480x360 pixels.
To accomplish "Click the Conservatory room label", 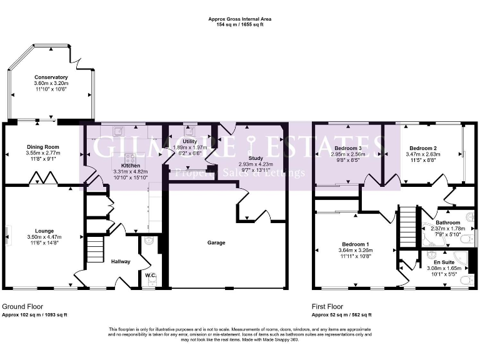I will point(51,77).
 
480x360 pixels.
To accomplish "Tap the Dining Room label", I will point(42,146).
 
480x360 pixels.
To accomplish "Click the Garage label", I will point(216,242).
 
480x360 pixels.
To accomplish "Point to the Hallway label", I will point(121,261).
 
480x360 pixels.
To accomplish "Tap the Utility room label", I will point(189,141).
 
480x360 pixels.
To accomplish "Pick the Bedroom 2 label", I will point(422,147).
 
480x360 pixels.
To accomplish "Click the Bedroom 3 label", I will point(351,147).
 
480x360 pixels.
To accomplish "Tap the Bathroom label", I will point(448,222).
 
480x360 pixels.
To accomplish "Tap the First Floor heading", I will point(327,307).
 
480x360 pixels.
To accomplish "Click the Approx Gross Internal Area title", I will point(239,19).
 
